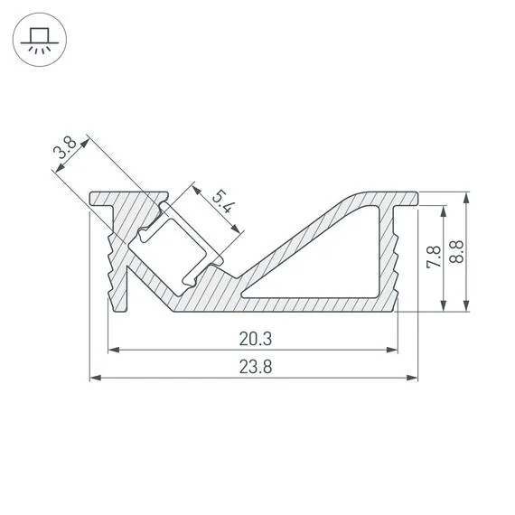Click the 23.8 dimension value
pyautogui.click(x=257, y=367)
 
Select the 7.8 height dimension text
pyautogui.click(x=435, y=258)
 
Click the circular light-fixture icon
pyautogui.click(x=38, y=38)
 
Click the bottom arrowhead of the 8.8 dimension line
pyautogui.click(x=466, y=307)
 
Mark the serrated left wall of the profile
pyautogui.click(x=116, y=262)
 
